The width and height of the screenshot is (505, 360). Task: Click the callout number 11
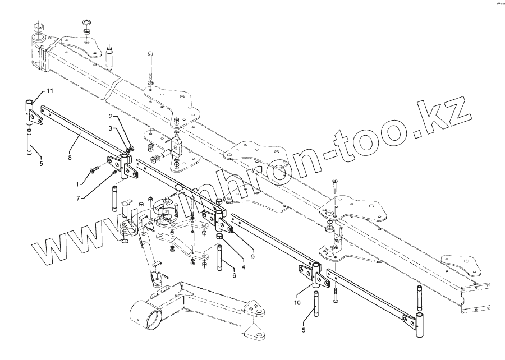point(49,90)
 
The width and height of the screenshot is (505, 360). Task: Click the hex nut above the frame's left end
point(38,27)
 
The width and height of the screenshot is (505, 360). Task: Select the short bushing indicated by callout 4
point(220,242)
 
